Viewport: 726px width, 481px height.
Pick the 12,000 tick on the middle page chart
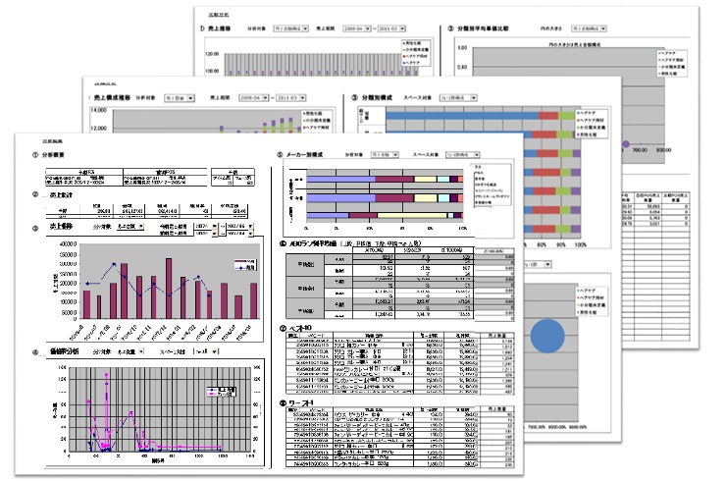[x=97, y=111]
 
